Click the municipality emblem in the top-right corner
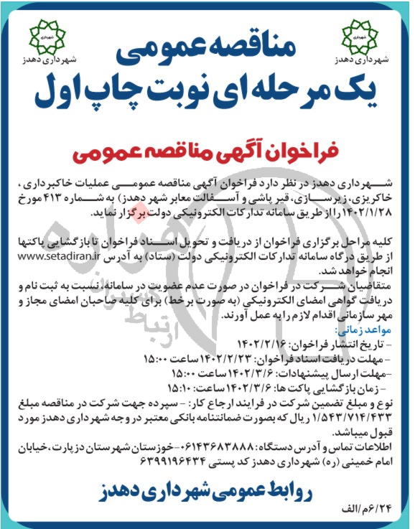click(358, 34)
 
